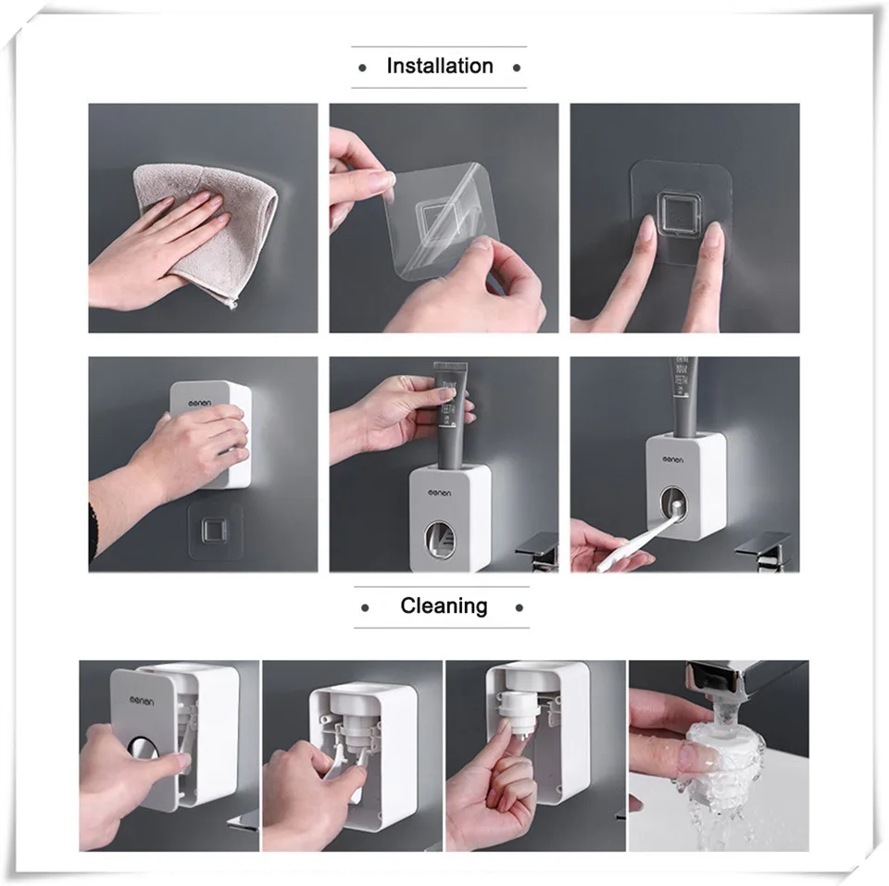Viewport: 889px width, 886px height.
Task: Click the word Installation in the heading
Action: (439, 66)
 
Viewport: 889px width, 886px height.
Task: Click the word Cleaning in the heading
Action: (443, 605)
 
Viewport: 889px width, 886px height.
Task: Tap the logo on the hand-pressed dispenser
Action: (199, 403)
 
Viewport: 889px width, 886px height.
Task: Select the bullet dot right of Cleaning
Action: (519, 608)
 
